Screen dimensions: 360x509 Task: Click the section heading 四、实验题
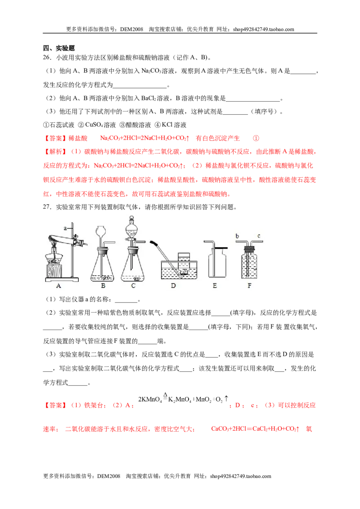coord(59,48)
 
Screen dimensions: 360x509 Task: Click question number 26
coord(47,58)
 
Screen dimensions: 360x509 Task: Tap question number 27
coord(47,207)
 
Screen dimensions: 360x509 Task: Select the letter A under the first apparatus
coord(59,286)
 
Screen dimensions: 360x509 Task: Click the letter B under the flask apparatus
coord(103,286)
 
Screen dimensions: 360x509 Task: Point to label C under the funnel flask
coord(133,286)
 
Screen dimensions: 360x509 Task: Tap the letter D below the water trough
coord(173,286)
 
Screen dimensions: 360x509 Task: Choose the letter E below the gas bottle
coord(215,286)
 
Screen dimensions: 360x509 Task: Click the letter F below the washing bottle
coord(250,286)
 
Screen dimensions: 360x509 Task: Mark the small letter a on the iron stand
coord(65,228)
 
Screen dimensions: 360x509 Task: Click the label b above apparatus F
coord(237,236)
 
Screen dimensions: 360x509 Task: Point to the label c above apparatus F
coord(259,236)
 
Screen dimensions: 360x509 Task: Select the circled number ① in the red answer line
coord(256,138)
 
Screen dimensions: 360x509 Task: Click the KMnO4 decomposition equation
coord(183,399)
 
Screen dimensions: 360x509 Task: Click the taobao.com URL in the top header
coord(264,29)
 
